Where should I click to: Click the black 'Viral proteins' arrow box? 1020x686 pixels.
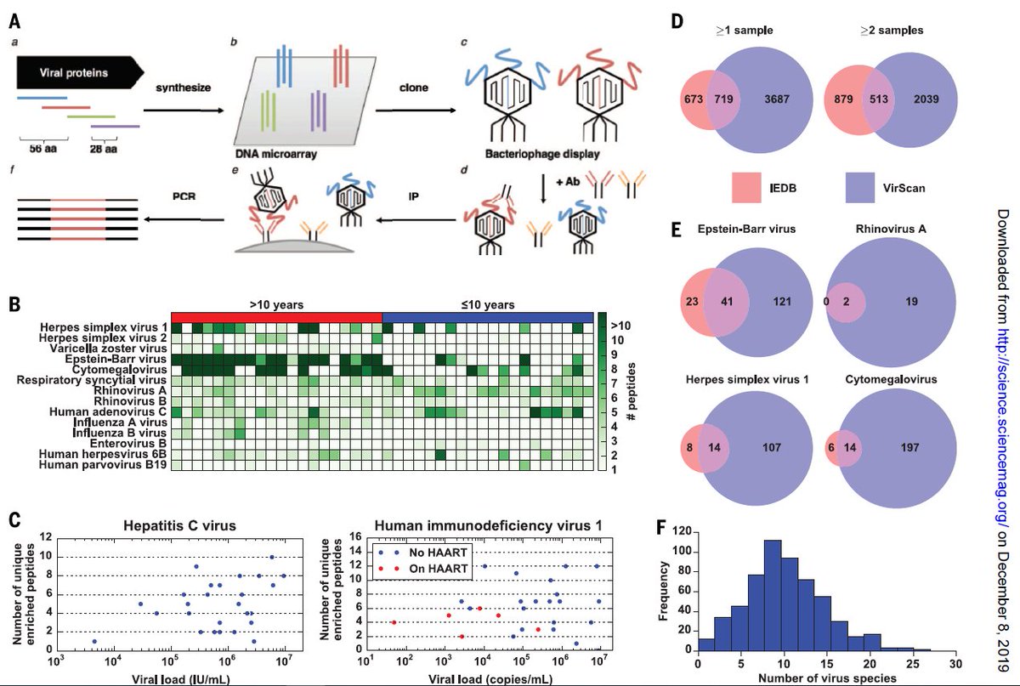point(80,72)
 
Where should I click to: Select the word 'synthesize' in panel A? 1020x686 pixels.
point(183,88)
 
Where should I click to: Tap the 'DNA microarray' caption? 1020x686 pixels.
point(276,154)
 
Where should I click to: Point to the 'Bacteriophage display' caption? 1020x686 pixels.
point(542,154)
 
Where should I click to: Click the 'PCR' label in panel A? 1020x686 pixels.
point(184,196)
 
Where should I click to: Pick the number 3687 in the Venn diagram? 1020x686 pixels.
point(777,99)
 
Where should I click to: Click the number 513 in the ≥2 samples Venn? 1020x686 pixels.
point(878,99)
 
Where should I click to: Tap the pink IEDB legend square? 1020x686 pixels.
point(746,187)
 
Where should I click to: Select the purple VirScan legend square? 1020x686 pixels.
point(859,187)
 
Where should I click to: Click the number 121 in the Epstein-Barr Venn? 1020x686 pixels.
point(782,301)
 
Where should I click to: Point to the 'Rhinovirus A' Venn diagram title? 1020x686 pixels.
point(891,229)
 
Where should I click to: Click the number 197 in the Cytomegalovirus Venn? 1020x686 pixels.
point(909,447)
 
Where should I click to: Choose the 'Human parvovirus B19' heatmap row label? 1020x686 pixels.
point(103,465)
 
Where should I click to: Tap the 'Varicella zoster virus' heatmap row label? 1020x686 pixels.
point(109,349)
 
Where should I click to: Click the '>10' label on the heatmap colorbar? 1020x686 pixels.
point(620,326)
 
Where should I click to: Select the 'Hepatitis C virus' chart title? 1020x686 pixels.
point(179,525)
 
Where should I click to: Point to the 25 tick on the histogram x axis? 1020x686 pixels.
point(913,664)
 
